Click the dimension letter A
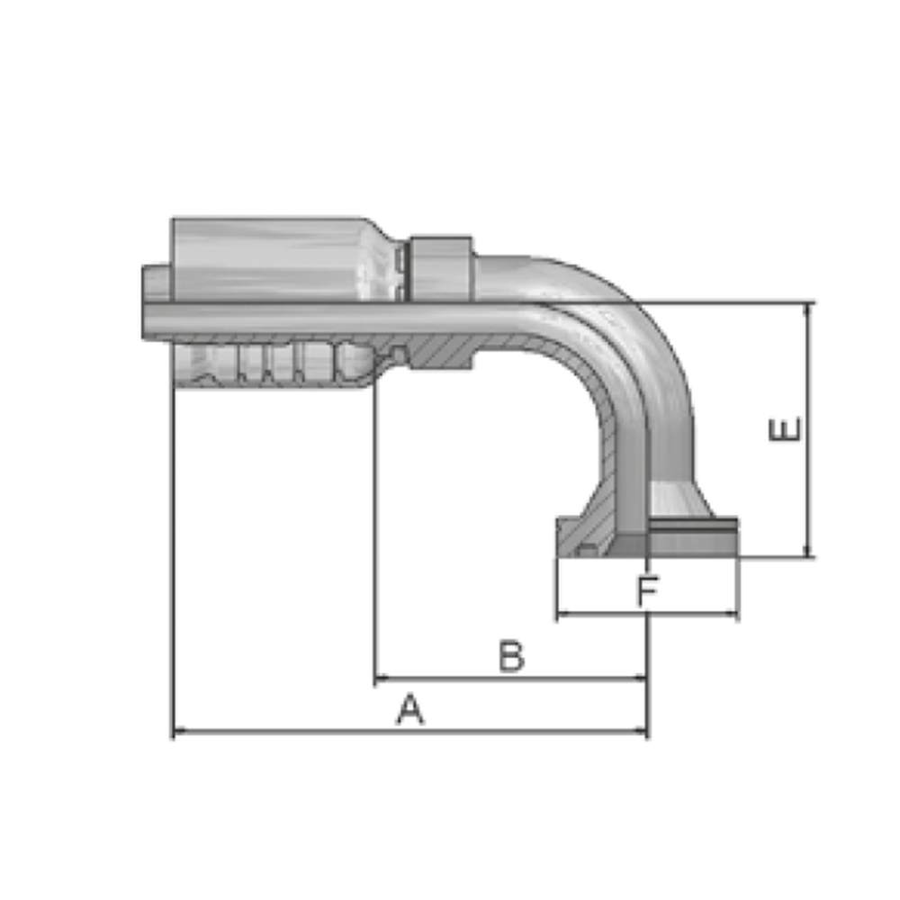point(410,709)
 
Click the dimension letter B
point(511,655)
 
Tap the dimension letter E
point(785,429)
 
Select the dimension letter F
point(648,590)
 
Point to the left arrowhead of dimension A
point(178,731)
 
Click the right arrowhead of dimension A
point(641,731)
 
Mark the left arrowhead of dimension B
point(381,679)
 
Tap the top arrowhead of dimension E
point(808,309)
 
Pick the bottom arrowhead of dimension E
point(808,551)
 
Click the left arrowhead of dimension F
point(563,614)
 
